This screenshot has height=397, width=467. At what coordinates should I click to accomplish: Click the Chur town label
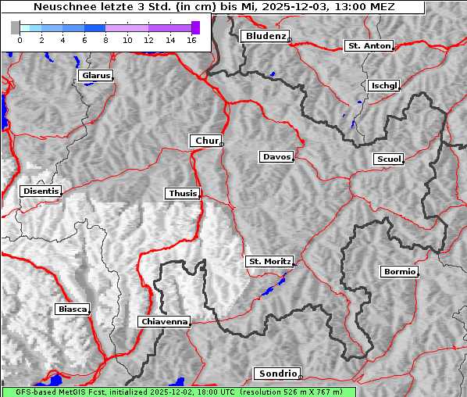[206, 141]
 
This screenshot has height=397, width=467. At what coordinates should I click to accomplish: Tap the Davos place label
[276, 157]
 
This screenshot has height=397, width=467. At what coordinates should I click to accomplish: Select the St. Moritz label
[269, 261]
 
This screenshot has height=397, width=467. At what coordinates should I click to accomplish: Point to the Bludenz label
[265, 36]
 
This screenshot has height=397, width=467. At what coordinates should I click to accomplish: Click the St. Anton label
[369, 46]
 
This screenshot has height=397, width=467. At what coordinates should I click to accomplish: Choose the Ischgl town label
[384, 85]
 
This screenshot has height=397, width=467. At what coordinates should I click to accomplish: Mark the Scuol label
[388, 159]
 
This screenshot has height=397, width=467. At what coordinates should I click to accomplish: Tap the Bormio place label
[399, 272]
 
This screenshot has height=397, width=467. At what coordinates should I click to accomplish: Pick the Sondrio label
[276, 374]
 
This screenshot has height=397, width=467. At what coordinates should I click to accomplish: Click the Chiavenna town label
[164, 321]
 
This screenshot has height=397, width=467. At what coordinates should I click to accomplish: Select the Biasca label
[72, 309]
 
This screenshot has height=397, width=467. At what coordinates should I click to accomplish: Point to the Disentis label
[41, 191]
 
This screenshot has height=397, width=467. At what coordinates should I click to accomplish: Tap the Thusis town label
[182, 193]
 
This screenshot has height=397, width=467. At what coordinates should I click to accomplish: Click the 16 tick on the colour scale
[191, 40]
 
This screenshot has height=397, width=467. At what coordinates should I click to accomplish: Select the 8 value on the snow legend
[105, 40]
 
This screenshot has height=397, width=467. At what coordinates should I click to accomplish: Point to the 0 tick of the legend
[19, 40]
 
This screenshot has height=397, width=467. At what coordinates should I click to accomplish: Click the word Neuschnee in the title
[60, 7]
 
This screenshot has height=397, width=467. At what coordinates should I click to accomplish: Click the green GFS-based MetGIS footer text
[178, 392]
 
